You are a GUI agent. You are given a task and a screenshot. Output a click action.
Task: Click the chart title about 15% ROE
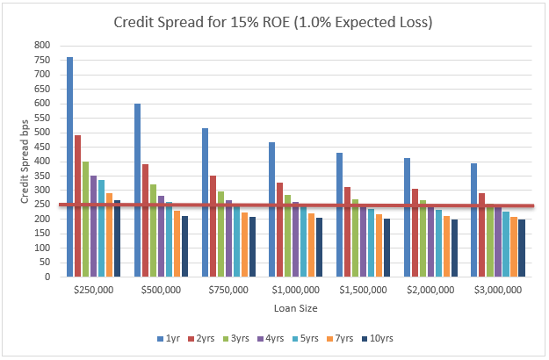273,22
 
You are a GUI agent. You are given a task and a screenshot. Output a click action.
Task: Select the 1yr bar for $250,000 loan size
70,167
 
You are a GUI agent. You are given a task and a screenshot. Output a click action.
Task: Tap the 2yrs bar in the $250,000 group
78,205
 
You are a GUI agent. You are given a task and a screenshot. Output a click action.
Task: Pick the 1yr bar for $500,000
138,190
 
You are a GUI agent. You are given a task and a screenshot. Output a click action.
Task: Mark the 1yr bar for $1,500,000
340,214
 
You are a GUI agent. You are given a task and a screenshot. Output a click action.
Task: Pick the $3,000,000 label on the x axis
499,289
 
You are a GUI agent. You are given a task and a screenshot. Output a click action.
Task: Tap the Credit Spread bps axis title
25,162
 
